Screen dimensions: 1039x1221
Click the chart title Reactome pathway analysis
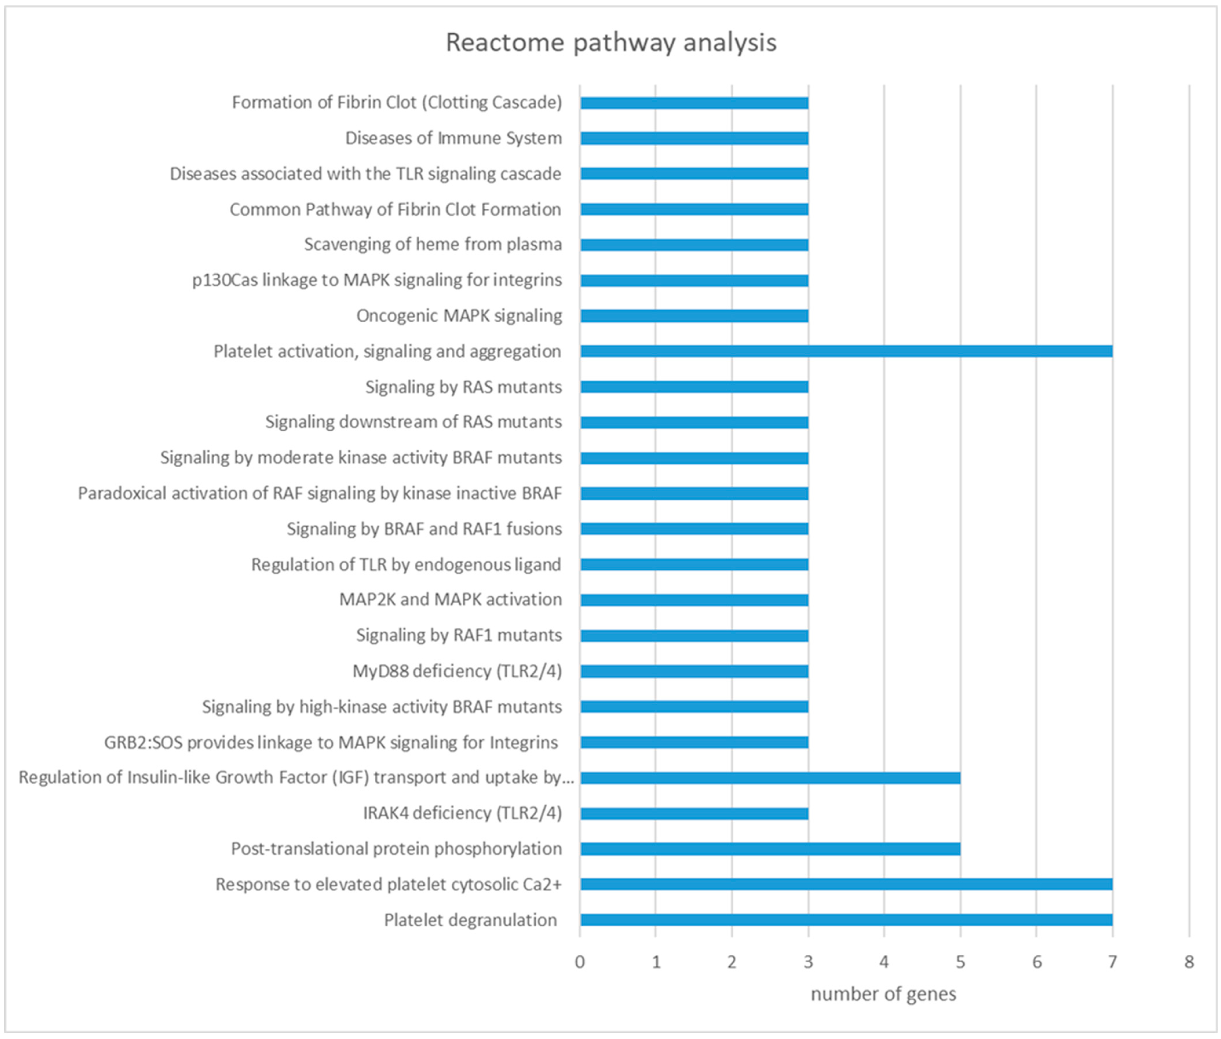point(611,42)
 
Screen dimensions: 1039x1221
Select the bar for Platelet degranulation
point(846,920)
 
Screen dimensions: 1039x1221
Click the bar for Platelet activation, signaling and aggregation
point(846,351)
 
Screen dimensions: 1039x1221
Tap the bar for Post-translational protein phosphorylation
point(770,849)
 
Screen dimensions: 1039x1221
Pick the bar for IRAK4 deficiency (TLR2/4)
point(694,813)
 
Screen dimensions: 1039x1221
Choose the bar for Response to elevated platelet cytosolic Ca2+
point(846,884)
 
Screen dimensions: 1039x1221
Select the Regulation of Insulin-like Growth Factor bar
point(770,778)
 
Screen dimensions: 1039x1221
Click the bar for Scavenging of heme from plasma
point(694,244)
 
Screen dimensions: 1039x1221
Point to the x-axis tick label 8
point(1189,962)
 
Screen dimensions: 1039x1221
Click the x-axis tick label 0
point(580,962)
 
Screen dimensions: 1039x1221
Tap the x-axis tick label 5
point(960,962)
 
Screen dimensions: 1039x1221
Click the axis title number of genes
point(883,994)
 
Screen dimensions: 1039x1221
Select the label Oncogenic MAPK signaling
point(459,316)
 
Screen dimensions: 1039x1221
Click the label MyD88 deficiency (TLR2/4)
point(457,671)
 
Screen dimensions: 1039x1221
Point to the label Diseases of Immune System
point(453,138)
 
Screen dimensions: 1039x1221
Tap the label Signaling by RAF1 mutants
point(459,635)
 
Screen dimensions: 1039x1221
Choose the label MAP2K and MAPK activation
point(451,600)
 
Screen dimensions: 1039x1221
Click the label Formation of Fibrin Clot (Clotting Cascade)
point(397,103)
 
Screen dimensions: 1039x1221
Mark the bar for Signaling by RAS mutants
point(694,387)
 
